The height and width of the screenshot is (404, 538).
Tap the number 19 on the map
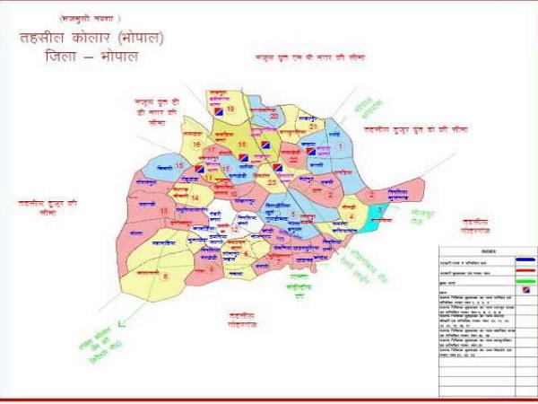coord(230,110)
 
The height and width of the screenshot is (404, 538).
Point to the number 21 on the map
coord(313,127)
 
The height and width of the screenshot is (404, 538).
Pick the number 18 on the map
coord(241,144)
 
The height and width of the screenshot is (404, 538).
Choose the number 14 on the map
coord(195,197)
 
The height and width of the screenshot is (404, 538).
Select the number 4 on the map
coord(352,215)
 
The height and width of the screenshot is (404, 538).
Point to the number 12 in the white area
coord(234,230)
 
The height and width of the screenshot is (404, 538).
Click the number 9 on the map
coord(210,267)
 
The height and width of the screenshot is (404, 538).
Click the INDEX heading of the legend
coord(488,251)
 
